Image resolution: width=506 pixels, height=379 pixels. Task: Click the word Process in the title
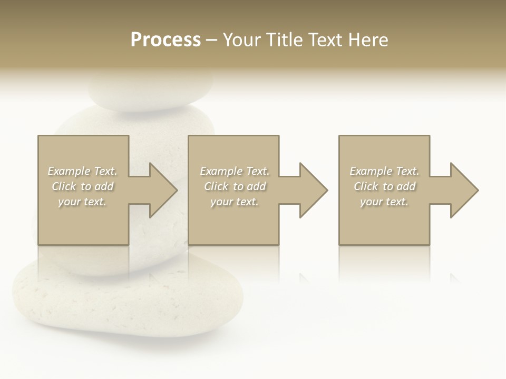166,40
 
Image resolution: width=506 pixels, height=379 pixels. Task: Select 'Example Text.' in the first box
83,171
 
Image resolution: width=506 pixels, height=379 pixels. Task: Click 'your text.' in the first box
83,202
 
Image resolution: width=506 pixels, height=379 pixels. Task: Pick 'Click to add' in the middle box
235,186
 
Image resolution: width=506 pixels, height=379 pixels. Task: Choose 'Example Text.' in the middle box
235,171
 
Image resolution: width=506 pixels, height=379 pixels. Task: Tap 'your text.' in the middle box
235,202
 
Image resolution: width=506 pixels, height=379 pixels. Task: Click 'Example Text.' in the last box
384,171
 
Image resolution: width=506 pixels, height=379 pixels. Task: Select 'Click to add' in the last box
384,186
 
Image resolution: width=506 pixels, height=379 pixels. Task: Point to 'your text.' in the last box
384,202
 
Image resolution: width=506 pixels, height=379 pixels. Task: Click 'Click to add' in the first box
83,186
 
